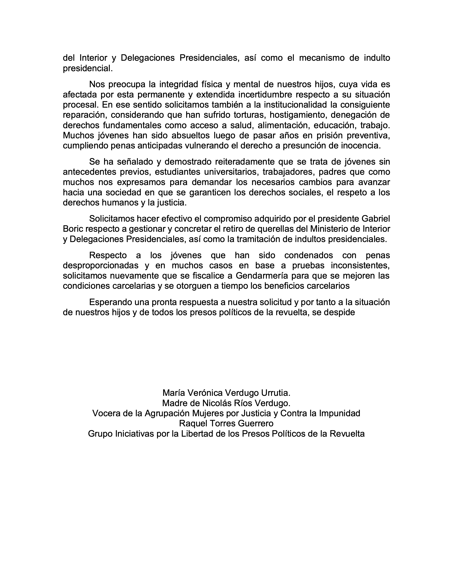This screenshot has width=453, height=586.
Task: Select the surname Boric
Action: [x=73, y=229]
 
